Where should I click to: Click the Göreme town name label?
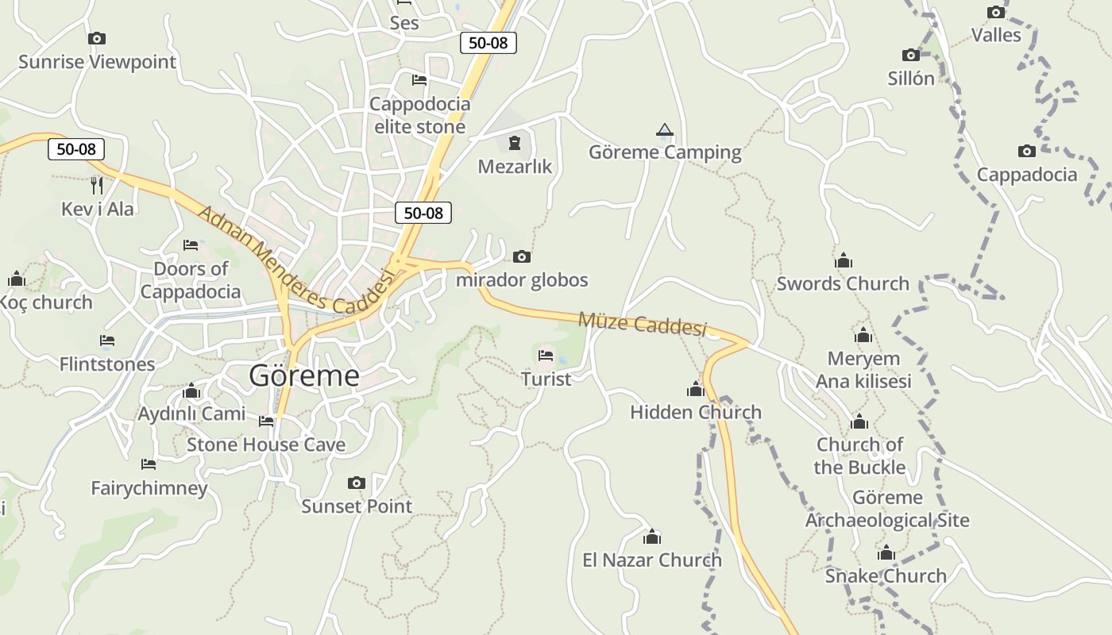pyautogui.click(x=303, y=375)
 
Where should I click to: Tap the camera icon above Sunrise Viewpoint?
pyautogui.click(x=97, y=38)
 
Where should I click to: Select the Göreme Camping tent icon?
pyautogui.click(x=665, y=129)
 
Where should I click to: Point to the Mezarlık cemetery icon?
pyautogui.click(x=515, y=144)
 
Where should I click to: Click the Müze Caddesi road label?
pyautogui.click(x=642, y=324)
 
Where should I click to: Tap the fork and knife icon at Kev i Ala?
pyautogui.click(x=97, y=186)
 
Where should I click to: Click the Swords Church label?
pyautogui.click(x=843, y=283)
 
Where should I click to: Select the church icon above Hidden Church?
pyautogui.click(x=696, y=389)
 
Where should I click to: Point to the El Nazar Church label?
pyautogui.click(x=652, y=560)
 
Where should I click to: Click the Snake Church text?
pyautogui.click(x=886, y=575)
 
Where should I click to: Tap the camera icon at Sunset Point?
pyautogui.click(x=357, y=483)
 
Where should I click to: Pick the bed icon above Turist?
pyautogui.click(x=546, y=356)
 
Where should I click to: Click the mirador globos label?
pyautogui.click(x=522, y=280)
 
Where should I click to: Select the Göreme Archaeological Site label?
pyautogui.click(x=887, y=509)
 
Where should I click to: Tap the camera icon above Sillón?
pyautogui.click(x=911, y=55)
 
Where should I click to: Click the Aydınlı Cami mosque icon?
pyautogui.click(x=191, y=391)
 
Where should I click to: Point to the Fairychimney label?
pyautogui.click(x=149, y=487)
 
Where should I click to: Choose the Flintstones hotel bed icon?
pyautogui.click(x=107, y=341)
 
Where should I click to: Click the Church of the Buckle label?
pyautogui.click(x=859, y=456)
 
